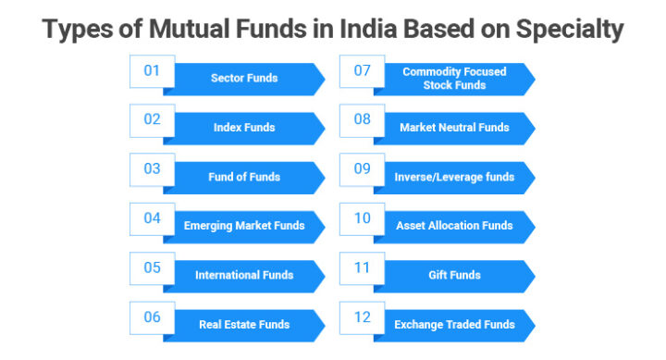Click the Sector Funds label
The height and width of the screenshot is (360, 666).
[244, 79]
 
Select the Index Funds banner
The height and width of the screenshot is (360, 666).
[244, 128]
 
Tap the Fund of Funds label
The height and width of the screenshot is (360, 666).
[244, 177]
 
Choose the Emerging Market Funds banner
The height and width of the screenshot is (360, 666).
[244, 226]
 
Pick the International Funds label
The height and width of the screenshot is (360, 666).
[244, 275]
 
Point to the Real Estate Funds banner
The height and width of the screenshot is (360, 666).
[244, 324]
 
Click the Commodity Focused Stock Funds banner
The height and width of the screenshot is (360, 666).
[453, 79]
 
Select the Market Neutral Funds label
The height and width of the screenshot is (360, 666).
[453, 128]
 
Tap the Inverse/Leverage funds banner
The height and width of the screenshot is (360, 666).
[453, 177]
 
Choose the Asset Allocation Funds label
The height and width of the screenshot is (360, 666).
[453, 226]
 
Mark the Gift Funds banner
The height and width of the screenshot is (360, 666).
[453, 275]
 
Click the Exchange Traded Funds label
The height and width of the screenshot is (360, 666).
[453, 324]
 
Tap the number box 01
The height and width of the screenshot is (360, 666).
[152, 71]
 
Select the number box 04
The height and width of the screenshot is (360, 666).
[152, 218]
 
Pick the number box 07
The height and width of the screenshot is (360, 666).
[362, 71]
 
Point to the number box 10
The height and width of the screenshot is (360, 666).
[362, 218]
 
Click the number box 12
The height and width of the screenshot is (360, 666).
[362, 317]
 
